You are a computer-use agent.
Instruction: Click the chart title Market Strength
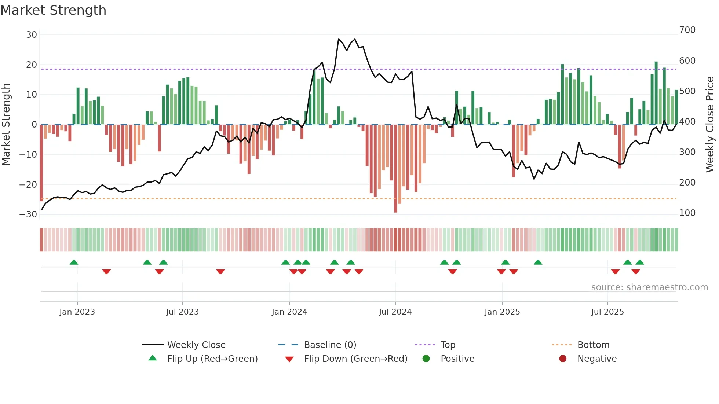pos(53,10)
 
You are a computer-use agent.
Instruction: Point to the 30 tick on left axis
pos(32,35)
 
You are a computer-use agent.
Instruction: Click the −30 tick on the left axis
pos(29,214)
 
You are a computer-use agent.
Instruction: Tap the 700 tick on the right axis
pos(687,30)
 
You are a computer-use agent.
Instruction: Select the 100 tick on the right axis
pos(687,213)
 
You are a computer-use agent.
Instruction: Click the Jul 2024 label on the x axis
pos(395,312)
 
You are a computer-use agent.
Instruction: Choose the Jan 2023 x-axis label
pos(77,312)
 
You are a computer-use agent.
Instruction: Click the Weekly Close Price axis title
pos(710,125)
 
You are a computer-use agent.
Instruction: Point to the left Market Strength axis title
pos(6,125)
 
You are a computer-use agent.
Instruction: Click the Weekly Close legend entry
pos(196,345)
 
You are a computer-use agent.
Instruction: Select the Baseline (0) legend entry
pos(330,345)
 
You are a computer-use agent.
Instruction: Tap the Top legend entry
pos(448,345)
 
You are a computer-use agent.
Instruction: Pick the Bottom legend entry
pos(593,345)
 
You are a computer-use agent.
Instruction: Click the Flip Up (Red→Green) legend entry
pos(212,359)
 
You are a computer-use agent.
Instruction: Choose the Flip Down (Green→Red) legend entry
pos(355,359)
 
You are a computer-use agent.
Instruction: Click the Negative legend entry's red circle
pos(563,359)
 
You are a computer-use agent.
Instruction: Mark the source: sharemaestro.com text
pos(649,287)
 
